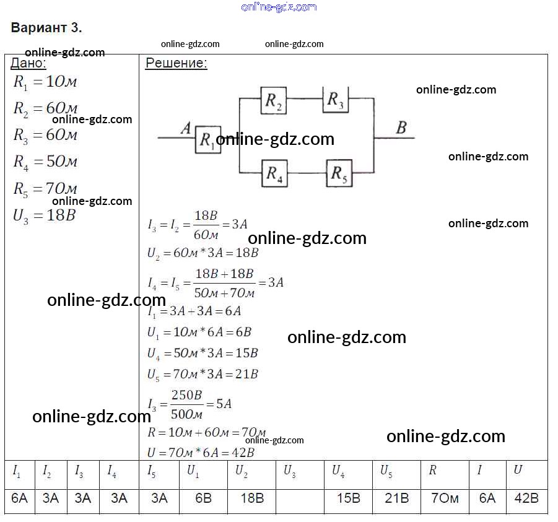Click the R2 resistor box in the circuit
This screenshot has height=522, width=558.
(272, 101)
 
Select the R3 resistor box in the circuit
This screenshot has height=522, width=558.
(336, 100)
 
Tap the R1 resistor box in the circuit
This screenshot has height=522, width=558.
(208, 140)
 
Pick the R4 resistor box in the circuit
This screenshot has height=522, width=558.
(274, 173)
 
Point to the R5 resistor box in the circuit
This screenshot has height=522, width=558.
(338, 173)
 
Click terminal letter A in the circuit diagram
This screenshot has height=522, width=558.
(185, 129)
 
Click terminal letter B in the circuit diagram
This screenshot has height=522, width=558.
(401, 128)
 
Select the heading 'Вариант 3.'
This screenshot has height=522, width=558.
(46, 28)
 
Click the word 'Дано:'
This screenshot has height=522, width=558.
(28, 63)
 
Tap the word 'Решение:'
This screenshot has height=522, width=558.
(176, 63)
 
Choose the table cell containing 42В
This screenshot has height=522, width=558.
(526, 498)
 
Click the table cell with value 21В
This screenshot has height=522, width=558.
(397, 498)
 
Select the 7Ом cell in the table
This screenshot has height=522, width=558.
(445, 498)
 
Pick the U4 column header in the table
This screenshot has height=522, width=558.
(338, 471)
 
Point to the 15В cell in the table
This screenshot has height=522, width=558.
(348, 498)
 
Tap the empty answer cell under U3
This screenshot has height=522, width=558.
(300, 498)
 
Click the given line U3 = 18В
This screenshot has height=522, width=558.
(44, 216)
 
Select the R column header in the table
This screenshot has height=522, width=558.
(432, 471)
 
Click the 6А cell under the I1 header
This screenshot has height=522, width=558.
(19, 498)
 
